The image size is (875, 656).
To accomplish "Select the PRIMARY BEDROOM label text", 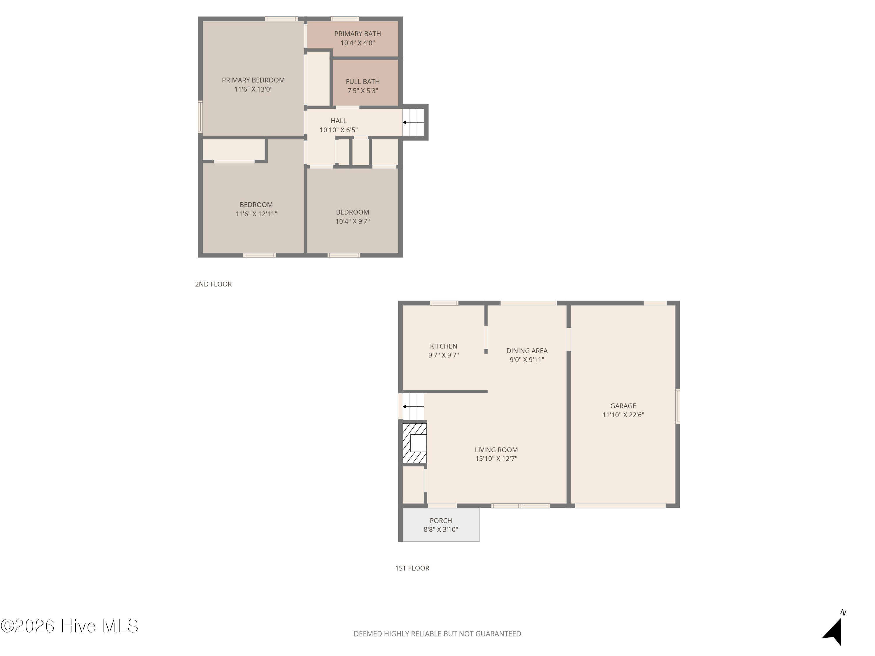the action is click(253, 80).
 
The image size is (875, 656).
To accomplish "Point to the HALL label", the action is click(339, 121).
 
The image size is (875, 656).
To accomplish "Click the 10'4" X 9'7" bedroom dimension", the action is click(352, 221).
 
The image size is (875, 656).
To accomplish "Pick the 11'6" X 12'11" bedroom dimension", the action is click(256, 214).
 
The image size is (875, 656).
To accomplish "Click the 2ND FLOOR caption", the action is click(213, 284).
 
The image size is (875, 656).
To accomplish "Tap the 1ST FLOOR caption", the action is click(412, 568).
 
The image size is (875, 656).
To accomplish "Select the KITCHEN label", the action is click(443, 346).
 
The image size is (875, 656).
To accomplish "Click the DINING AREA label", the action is click(527, 351).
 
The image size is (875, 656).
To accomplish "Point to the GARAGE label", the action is click(623, 406).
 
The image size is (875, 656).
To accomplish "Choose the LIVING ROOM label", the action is click(496, 450).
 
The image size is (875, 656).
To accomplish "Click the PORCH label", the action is click(441, 521).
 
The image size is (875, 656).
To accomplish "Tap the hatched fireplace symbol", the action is click(414, 443).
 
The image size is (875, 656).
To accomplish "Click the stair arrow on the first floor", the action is click(413, 406).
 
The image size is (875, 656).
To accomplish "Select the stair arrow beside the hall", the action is click(413, 122).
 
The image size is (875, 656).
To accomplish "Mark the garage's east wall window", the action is click(678, 406).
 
